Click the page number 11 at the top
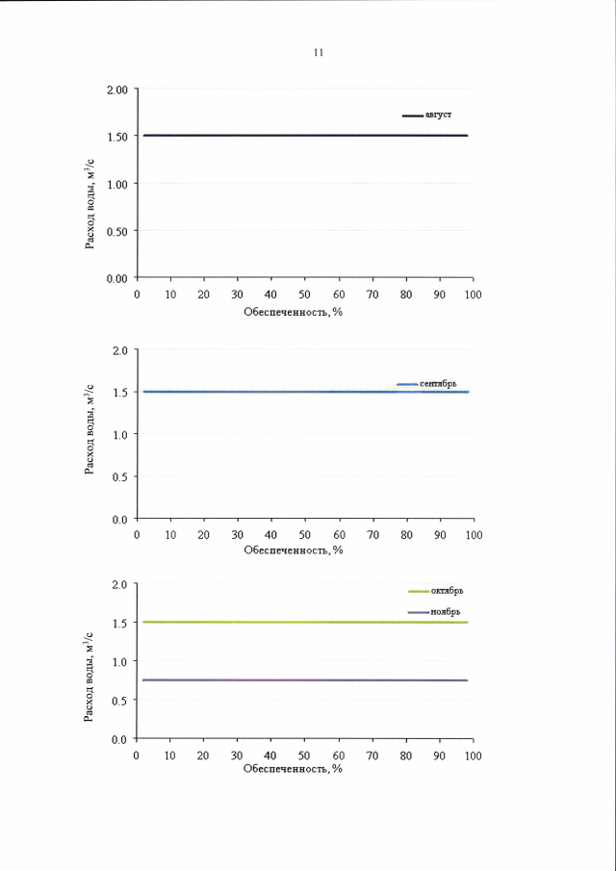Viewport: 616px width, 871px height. click(318, 53)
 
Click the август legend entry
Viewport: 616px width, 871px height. click(438, 115)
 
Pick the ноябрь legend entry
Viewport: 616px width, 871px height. click(445, 612)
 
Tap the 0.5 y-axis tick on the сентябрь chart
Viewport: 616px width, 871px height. click(120, 476)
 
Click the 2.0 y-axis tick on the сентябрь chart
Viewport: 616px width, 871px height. click(120, 350)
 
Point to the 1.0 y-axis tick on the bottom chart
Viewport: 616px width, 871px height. click(120, 661)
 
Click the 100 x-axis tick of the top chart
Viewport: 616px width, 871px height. click(473, 294)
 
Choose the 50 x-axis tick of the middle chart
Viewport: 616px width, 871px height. click(304, 534)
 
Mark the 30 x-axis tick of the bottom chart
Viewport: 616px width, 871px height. click(237, 755)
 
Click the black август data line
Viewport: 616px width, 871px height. click(289, 136)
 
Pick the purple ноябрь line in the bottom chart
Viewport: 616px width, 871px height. click(289, 680)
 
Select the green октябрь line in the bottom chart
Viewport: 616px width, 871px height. click(289, 623)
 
